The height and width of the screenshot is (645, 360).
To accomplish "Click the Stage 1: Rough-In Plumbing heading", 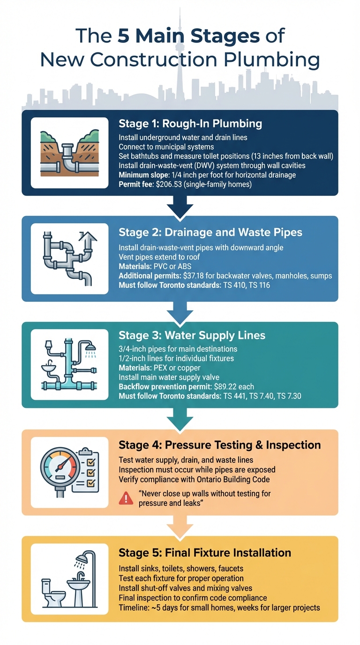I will point(190,124).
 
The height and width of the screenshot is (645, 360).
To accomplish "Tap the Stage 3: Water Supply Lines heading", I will point(192,335).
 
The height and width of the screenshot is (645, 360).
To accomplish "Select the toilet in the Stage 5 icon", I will point(52,592).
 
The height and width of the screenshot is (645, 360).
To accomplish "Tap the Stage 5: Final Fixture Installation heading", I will point(205,552).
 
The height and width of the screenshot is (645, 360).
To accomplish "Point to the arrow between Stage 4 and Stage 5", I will point(180,526).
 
